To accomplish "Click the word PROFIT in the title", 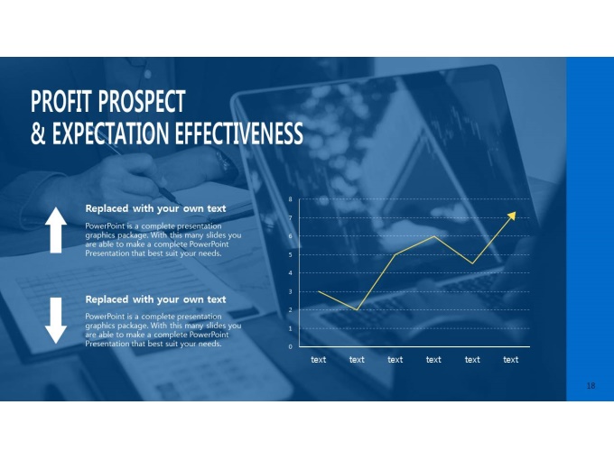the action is pyautogui.click(x=61, y=101).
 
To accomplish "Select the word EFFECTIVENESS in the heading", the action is pyautogui.click(x=238, y=133).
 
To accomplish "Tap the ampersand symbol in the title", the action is pyautogui.click(x=38, y=133).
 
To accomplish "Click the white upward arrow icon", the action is pyautogui.click(x=56, y=230).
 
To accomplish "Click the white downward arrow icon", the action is pyautogui.click(x=56, y=320).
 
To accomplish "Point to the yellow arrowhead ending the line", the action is pyautogui.click(x=512, y=216).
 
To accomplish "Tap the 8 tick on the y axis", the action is pyautogui.click(x=290, y=199).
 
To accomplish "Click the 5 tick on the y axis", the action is pyautogui.click(x=290, y=254).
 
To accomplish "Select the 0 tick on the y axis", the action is pyautogui.click(x=290, y=346).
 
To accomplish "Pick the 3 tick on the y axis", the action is pyautogui.click(x=290, y=291).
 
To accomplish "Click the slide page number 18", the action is pyautogui.click(x=591, y=386).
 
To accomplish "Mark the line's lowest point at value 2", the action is pyautogui.click(x=357, y=309).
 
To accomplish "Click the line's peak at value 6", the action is pyautogui.click(x=434, y=236).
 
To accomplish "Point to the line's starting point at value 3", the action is pyautogui.click(x=319, y=291).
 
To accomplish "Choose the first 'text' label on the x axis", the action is pyautogui.click(x=319, y=360).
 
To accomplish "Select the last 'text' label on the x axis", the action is pyautogui.click(x=511, y=360).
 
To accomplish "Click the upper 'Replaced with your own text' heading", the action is pyautogui.click(x=155, y=209).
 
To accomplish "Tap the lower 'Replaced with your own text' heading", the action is pyautogui.click(x=155, y=299).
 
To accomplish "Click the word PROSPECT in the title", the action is pyautogui.click(x=142, y=101).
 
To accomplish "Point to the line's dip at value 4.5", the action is pyautogui.click(x=472, y=263).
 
